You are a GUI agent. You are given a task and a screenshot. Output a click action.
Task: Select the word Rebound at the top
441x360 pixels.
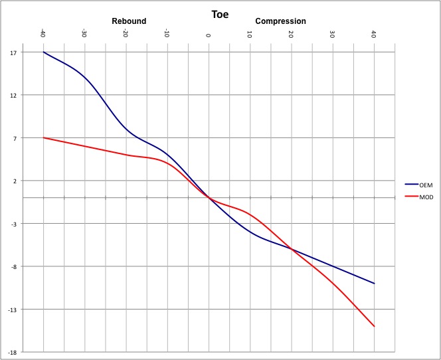pos(129,21)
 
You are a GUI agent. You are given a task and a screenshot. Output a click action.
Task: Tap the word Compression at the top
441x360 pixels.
pos(281,21)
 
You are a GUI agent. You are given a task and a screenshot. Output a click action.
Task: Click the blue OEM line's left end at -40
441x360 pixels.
pos(43,52)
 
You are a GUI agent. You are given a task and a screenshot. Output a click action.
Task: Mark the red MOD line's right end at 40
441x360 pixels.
pos(374,326)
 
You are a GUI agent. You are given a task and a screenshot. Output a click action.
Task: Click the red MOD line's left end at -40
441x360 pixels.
pos(43,137)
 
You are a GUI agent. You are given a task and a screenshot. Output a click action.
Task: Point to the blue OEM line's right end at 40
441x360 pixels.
pos(374,284)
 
